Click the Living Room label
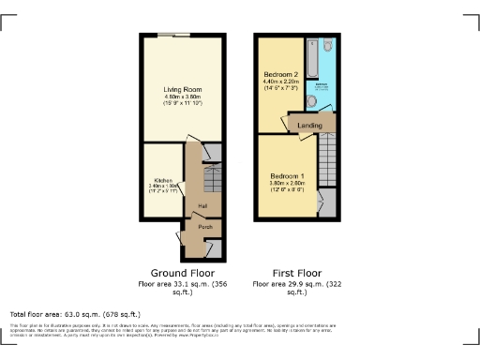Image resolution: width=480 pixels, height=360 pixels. point(182,89)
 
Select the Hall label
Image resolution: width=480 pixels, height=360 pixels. point(202,206)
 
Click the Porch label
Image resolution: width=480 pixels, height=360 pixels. point(203,227)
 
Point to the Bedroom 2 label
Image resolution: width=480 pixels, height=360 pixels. point(280,74)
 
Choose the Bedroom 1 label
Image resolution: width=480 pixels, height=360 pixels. point(288,176)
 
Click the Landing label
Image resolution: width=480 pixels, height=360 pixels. point(310,125)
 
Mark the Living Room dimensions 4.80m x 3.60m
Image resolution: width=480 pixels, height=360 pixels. point(183,98)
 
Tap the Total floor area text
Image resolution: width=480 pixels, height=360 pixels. point(75,313)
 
